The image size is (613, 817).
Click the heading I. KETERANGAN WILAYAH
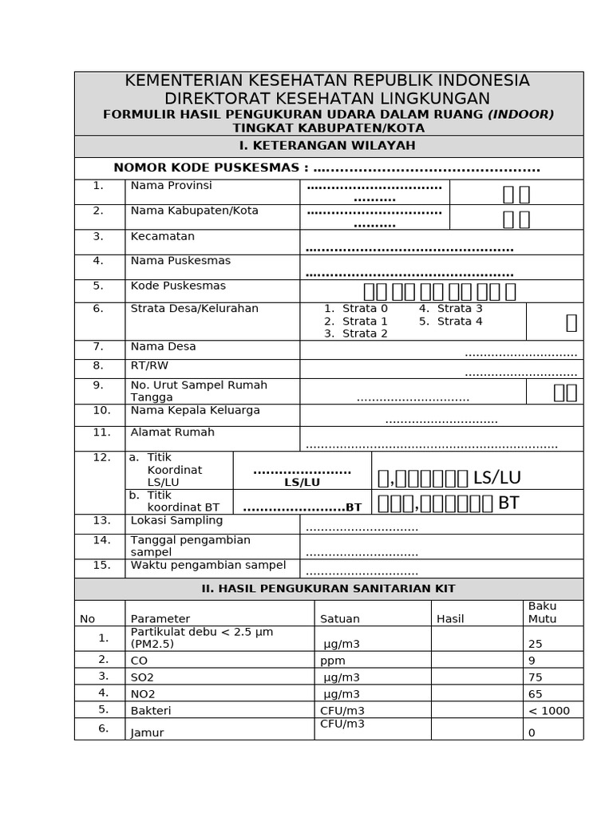pyautogui.click(x=328, y=146)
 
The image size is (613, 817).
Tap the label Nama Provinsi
pyautogui.click(x=171, y=186)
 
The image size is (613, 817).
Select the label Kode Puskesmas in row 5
pyautogui.click(x=178, y=286)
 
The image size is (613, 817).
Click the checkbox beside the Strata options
pyautogui.click(x=571, y=322)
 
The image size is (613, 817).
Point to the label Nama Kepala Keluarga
pyautogui.click(x=195, y=411)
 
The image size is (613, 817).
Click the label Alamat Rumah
pyautogui.click(x=172, y=432)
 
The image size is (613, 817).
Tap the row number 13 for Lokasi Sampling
pyautogui.click(x=101, y=520)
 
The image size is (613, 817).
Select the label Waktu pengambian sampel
pyautogui.click(x=208, y=566)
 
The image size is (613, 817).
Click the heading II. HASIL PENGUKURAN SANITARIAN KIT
pyautogui.click(x=328, y=589)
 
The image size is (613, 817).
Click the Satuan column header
pyautogui.click(x=340, y=618)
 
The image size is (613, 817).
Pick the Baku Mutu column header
pyautogui.click(x=543, y=613)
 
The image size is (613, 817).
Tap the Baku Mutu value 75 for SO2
pyautogui.click(x=535, y=677)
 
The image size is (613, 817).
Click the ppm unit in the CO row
pyautogui.click(x=333, y=661)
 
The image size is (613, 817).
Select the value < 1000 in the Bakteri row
pyautogui.click(x=549, y=711)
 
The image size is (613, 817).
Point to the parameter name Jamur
pyautogui.click(x=147, y=732)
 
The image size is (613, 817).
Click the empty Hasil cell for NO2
pyautogui.click(x=477, y=693)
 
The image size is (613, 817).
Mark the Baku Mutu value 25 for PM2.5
pyautogui.click(x=535, y=643)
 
